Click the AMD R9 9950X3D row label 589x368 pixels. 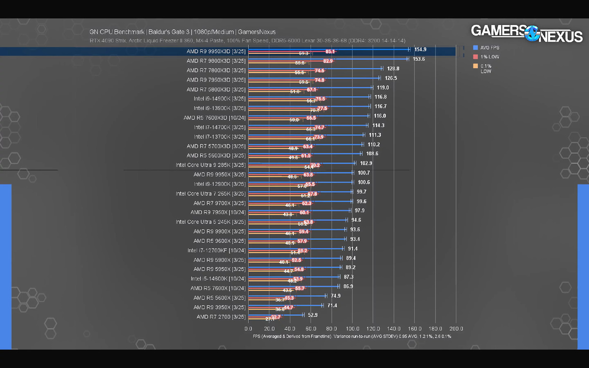[x=216, y=51]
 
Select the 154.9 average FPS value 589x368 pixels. [x=420, y=50]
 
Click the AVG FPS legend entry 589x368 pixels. [x=489, y=48]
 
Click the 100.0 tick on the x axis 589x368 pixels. [x=352, y=329]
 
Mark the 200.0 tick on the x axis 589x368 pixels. [x=456, y=329]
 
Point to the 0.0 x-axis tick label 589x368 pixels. [x=248, y=329]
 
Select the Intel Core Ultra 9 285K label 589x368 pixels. [x=211, y=165]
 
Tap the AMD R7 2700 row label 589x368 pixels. [x=221, y=316]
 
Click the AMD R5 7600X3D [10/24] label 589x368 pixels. [x=214, y=118]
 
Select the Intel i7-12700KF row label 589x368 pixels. [x=216, y=250]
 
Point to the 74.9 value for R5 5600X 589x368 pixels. [x=336, y=296]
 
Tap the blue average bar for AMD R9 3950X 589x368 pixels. [x=285, y=305]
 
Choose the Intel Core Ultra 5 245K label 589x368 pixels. [x=211, y=222]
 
